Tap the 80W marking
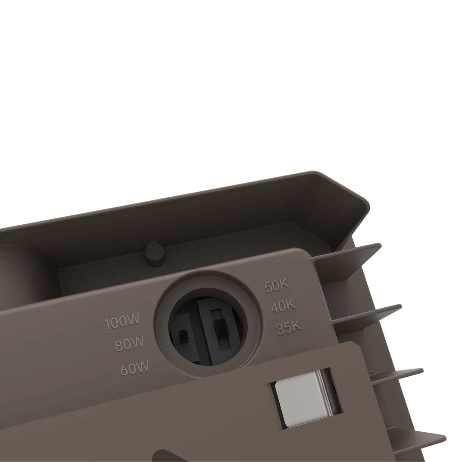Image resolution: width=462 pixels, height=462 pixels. click(129, 343)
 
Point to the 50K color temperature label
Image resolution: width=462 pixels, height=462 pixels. click(277, 285)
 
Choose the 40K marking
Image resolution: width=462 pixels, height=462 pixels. click(283, 306)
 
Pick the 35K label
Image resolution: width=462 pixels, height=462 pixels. click(289, 327)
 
